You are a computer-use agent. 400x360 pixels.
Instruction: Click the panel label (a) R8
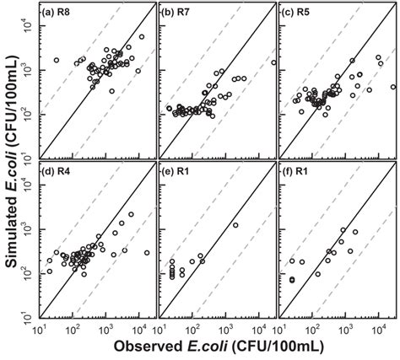click(61, 13)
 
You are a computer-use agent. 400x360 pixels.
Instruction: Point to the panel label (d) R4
click(61, 177)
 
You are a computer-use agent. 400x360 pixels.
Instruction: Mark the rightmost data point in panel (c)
click(393, 88)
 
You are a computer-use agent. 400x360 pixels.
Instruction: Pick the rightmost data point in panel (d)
click(147, 253)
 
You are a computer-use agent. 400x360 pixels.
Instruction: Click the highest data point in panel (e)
click(235, 225)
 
